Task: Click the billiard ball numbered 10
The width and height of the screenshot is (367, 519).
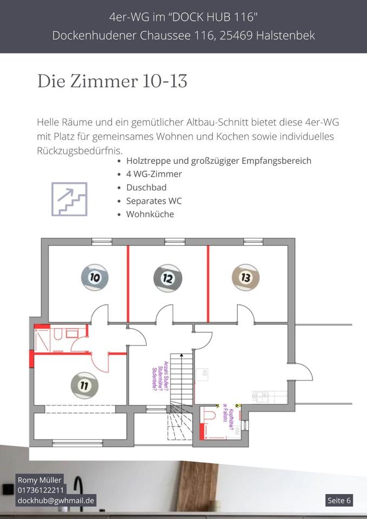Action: tap(95, 277)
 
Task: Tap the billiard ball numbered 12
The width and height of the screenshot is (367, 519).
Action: tap(168, 278)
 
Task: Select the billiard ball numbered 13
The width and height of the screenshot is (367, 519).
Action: tap(245, 277)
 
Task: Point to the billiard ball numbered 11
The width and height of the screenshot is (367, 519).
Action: tap(84, 385)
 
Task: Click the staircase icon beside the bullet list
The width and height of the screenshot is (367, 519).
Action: tap(69, 199)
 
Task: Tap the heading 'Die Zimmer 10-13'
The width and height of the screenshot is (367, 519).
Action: tap(112, 81)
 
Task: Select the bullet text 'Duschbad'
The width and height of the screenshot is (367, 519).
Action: tap(146, 187)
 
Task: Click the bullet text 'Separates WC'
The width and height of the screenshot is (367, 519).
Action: tap(154, 201)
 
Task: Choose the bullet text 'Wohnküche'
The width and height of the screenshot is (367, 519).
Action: tap(150, 214)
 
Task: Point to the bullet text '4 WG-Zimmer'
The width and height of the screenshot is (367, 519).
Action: tap(154, 174)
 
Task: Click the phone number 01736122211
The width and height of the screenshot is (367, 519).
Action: tap(41, 490)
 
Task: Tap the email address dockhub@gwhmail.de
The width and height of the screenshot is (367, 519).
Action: tap(56, 500)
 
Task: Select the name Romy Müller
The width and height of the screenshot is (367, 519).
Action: tap(39, 480)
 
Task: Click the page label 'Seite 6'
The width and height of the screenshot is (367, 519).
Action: tap(339, 500)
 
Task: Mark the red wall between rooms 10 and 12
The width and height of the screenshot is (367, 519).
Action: tap(128, 284)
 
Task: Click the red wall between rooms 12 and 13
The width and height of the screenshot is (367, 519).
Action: tap(208, 284)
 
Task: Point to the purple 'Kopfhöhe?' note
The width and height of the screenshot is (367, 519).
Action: tap(231, 420)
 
